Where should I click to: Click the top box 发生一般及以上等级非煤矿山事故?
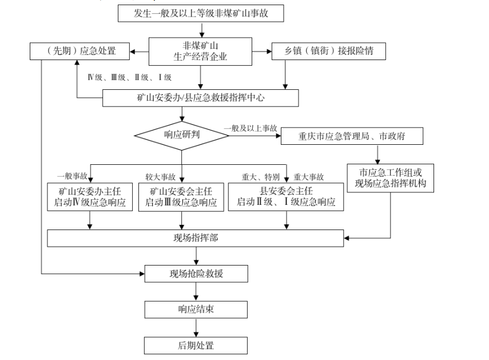(201, 13)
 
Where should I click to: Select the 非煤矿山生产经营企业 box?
(200, 52)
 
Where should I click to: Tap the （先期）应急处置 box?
(79, 51)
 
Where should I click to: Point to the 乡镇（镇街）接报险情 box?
(329, 51)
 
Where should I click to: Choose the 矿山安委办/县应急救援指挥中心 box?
(201, 98)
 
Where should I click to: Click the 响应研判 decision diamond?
(182, 136)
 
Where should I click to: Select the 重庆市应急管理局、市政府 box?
(352, 136)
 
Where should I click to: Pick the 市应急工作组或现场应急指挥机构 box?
(390, 178)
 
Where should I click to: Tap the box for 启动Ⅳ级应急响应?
(90, 197)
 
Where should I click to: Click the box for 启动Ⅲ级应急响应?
(181, 197)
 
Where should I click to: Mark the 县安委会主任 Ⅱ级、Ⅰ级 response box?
(286, 197)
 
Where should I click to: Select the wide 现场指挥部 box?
(196, 238)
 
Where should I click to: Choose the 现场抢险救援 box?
(196, 274)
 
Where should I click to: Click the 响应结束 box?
(196, 310)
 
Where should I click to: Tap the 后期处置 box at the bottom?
(196, 345)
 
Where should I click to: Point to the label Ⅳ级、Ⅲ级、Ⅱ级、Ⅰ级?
(129, 77)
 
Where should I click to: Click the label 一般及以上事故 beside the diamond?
(251, 128)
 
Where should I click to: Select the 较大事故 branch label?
(160, 177)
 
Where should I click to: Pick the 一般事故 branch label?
(72, 176)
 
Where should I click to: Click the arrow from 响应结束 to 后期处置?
(196, 327)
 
